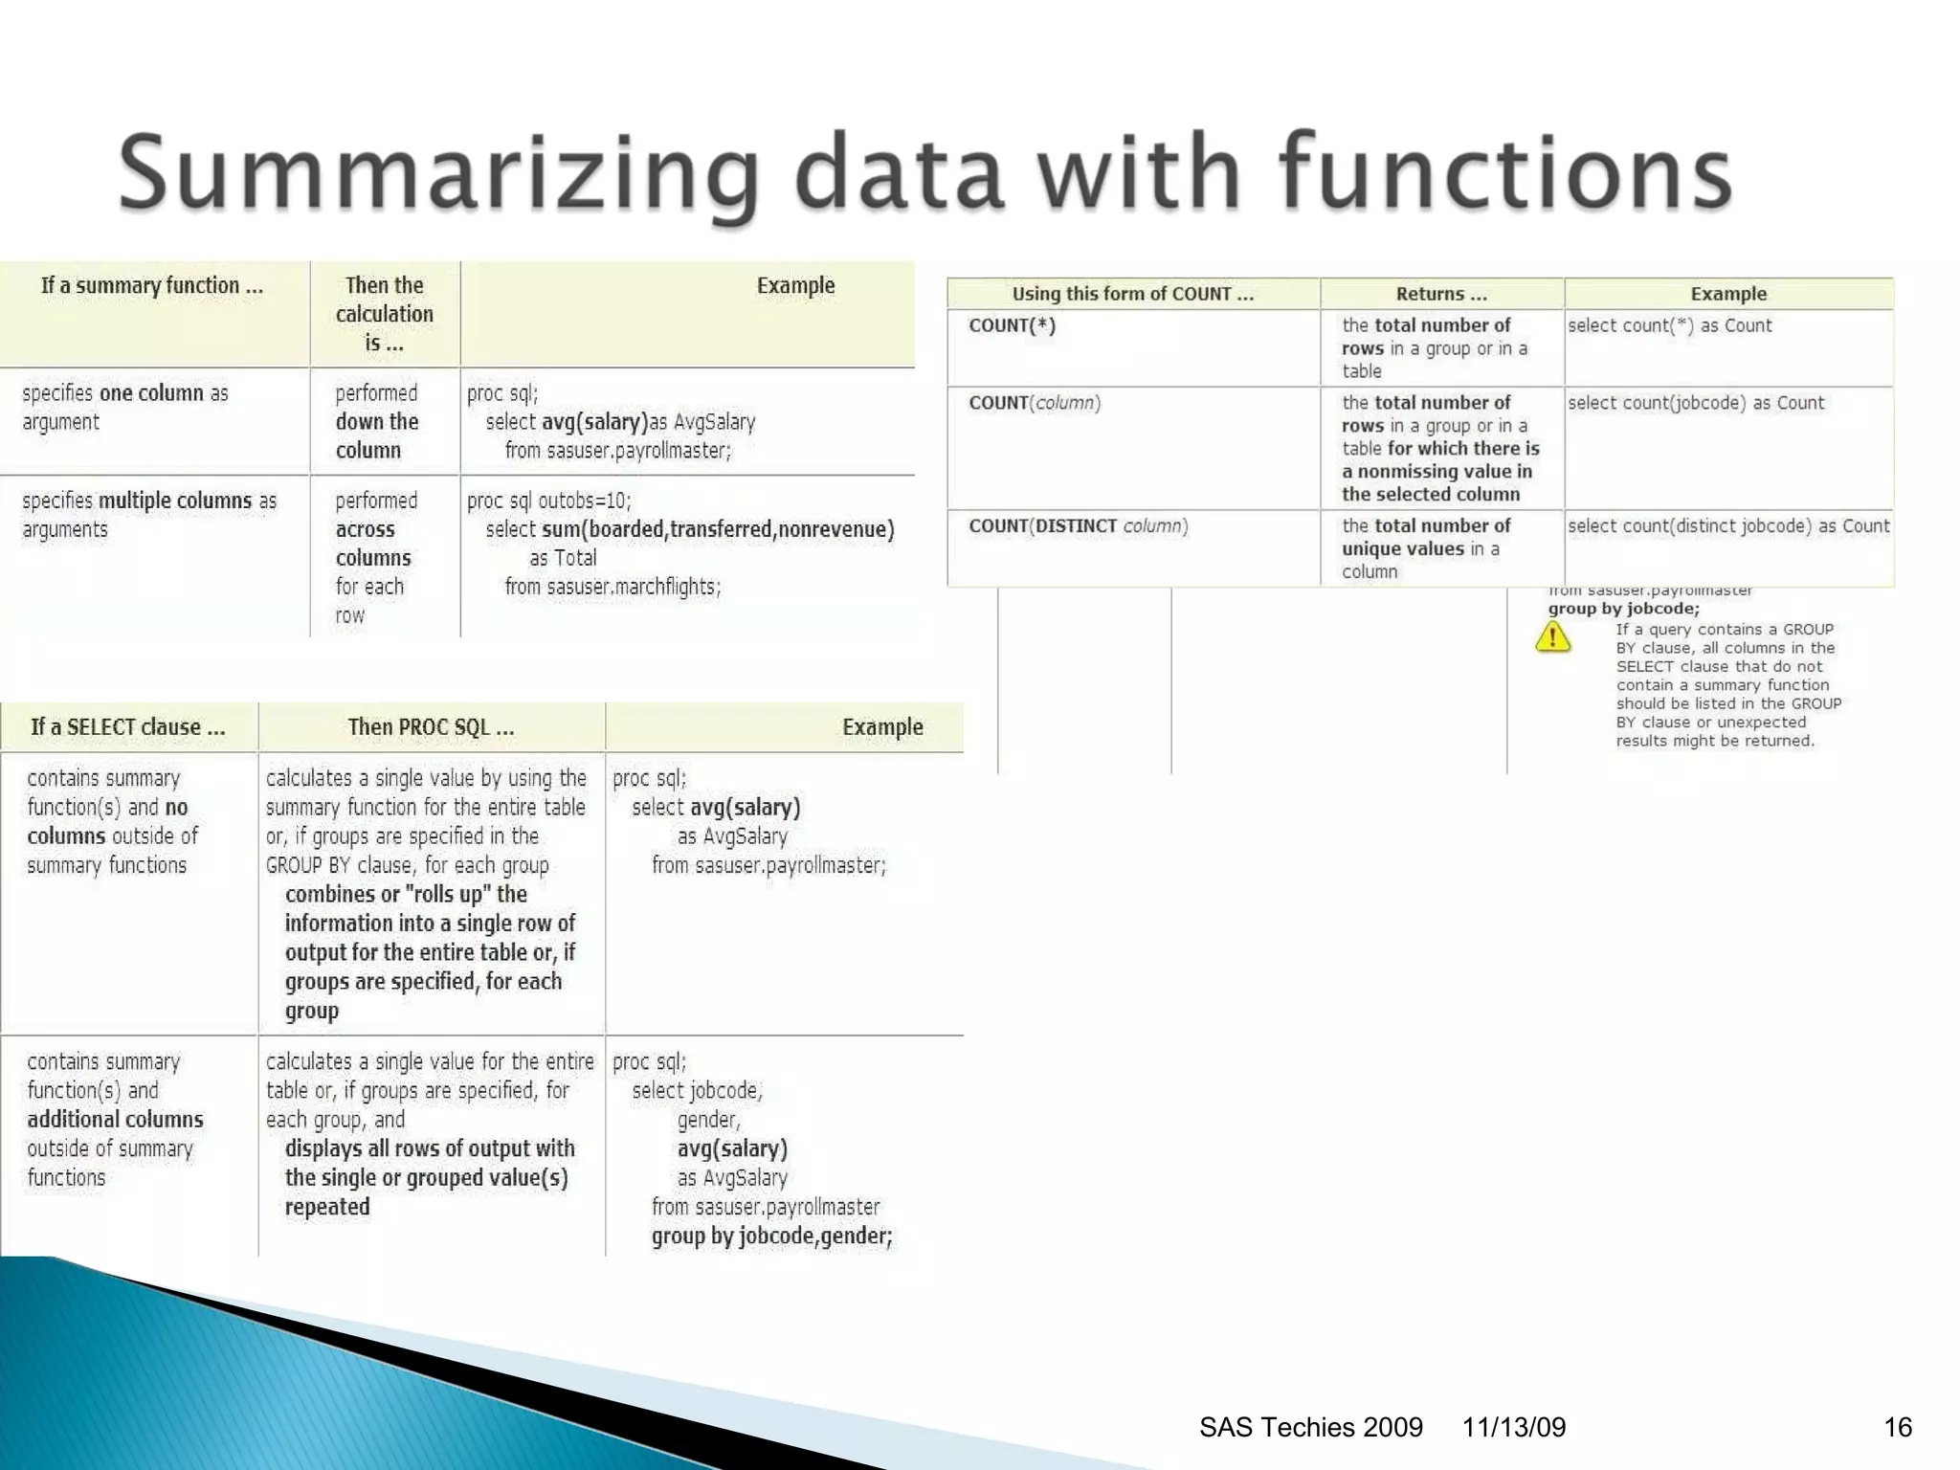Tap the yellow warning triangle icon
pyautogui.click(x=1552, y=636)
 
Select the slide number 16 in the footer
pyautogui.click(x=1897, y=1427)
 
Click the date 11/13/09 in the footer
pyautogui.click(x=1513, y=1427)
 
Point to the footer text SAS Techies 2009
pyautogui.click(x=1310, y=1427)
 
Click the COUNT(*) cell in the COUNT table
pyautogui.click(x=1012, y=325)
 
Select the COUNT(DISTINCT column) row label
pyautogui.click(x=1078, y=526)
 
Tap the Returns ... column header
pyautogui.click(x=1440, y=294)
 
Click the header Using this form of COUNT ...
pyautogui.click(x=1132, y=294)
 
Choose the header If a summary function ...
pyautogui.click(x=151, y=285)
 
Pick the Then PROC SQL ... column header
pyautogui.click(x=431, y=727)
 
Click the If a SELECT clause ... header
pyautogui.click(x=128, y=727)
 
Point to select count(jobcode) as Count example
pyautogui.click(x=1695, y=403)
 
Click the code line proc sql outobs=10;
pyautogui.click(x=548, y=501)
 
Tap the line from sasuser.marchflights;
pyautogui.click(x=612, y=587)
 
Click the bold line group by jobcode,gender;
pyautogui.click(x=771, y=1236)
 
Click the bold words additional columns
pyautogui.click(x=115, y=1120)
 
